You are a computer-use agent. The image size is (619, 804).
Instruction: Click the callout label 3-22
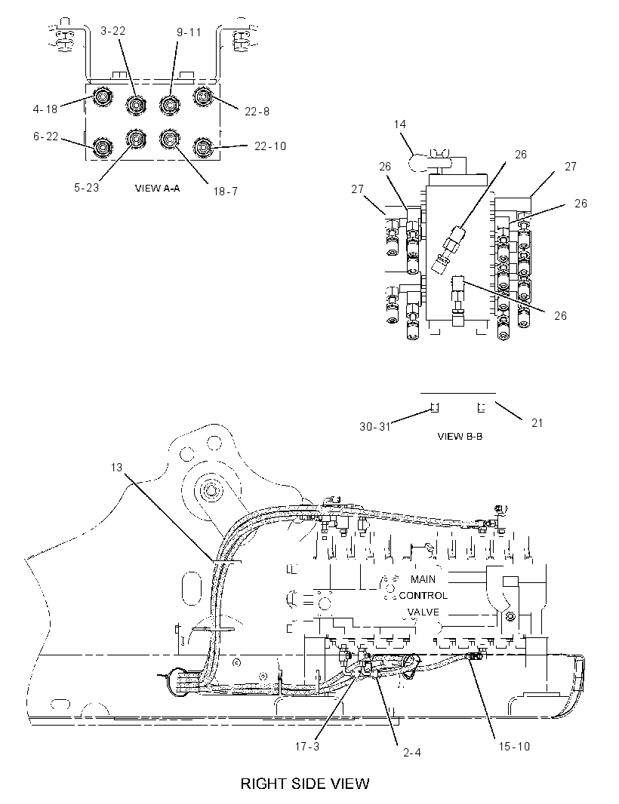click(113, 31)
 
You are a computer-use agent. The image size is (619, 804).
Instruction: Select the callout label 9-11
click(189, 32)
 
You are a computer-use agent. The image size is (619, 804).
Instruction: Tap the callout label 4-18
click(45, 109)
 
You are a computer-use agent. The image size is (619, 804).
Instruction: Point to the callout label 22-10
click(270, 146)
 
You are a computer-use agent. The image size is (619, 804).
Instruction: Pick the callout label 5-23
click(86, 188)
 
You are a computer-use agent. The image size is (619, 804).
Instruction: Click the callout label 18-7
click(226, 192)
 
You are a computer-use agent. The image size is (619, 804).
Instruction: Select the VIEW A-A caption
click(157, 189)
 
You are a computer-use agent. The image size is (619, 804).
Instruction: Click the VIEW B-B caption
click(460, 437)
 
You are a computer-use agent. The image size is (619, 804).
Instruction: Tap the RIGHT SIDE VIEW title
click(305, 784)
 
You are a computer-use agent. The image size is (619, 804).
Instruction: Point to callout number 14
click(400, 124)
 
